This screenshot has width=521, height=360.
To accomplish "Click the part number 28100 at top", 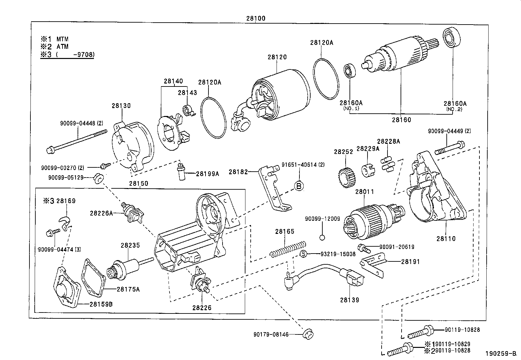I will click(x=256, y=18).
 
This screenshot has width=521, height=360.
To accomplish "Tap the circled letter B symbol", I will click(x=299, y=186).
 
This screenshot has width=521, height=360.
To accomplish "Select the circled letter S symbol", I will click(x=303, y=254).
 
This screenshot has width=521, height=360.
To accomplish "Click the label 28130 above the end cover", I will click(x=121, y=105).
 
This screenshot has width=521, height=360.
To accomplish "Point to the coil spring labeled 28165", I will click(x=288, y=248).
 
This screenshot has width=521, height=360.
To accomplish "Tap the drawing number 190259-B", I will click(x=500, y=354).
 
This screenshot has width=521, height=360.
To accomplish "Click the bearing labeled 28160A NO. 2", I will click(x=452, y=38).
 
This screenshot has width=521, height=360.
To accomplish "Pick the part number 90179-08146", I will click(x=271, y=334).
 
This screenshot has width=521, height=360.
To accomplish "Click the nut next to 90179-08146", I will click(x=307, y=334).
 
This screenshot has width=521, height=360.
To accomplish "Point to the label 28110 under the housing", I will click(x=446, y=238).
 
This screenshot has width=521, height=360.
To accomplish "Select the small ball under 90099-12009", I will click(x=322, y=237).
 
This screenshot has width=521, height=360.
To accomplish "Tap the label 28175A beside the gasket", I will click(x=128, y=289).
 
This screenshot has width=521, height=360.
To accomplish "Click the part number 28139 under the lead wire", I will click(x=349, y=300).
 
